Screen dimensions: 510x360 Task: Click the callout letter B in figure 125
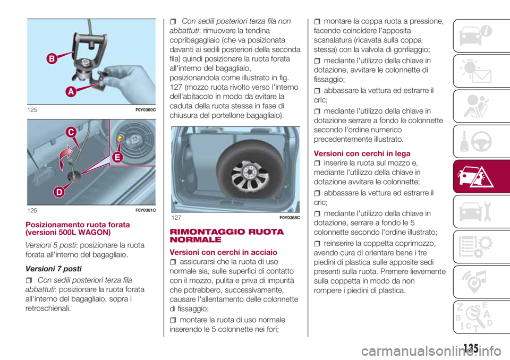[52, 59]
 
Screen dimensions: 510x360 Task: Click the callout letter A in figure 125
[71, 91]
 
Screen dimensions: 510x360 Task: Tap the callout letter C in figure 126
[71, 132]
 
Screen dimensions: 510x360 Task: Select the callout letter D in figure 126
[59, 192]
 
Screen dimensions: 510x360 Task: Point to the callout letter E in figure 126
[117, 157]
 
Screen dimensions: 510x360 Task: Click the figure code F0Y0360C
[146, 110]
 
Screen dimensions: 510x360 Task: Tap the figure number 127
[176, 218]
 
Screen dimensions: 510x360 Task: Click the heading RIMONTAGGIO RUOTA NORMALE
[227, 236]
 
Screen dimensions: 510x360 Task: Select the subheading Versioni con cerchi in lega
[362, 153]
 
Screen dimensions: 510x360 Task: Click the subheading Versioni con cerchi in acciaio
[224, 252]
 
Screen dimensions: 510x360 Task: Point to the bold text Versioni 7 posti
[53, 269]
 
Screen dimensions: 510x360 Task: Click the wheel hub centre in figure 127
[250, 172]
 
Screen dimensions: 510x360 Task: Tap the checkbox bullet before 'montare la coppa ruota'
[317, 22]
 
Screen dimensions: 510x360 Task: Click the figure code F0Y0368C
[290, 218]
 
